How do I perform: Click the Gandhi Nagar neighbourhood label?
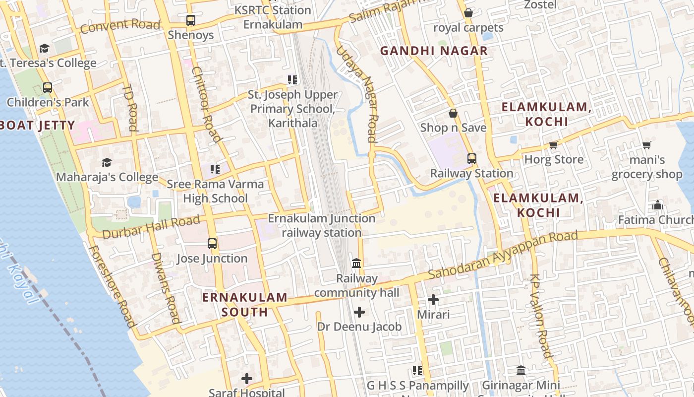point(434,51)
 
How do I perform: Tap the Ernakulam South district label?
point(244,304)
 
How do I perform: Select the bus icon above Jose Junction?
point(212,244)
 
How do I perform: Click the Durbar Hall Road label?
point(151,226)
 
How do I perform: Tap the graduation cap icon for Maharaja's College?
point(107,162)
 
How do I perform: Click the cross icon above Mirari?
point(433,300)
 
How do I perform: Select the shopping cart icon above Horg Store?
point(553,145)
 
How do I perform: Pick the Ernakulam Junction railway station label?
point(321,225)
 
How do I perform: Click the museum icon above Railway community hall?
point(356,263)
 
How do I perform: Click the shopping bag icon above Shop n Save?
point(453,113)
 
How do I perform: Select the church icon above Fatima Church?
point(658,205)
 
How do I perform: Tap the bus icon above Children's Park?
point(48,88)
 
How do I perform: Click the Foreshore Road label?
point(112,286)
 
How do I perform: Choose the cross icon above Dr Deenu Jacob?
point(359,312)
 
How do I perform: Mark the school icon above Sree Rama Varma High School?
point(215,169)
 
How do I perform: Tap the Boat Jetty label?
point(38,125)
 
